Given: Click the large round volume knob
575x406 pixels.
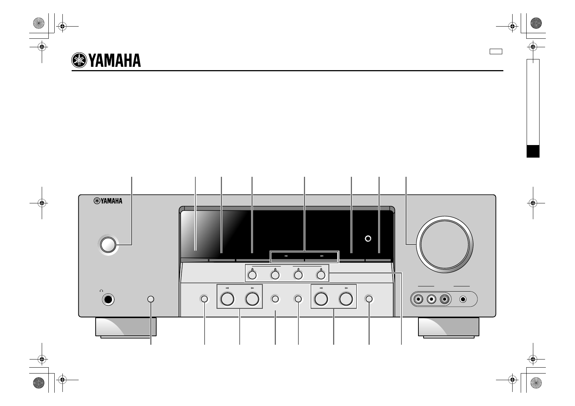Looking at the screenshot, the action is click(x=445, y=244).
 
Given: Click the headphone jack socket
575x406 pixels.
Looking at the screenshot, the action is click(x=108, y=299).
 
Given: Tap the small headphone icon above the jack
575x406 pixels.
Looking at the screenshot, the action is click(x=102, y=291).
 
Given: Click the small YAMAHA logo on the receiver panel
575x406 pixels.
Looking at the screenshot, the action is click(x=108, y=201).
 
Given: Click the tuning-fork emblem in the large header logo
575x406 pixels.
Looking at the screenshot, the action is click(x=79, y=60).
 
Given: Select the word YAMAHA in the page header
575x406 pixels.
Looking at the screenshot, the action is click(x=115, y=61).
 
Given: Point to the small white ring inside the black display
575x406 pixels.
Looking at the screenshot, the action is click(x=368, y=238).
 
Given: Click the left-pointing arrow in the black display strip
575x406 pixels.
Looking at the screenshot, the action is click(x=286, y=256).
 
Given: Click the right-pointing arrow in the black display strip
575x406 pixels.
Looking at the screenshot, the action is click(x=322, y=256).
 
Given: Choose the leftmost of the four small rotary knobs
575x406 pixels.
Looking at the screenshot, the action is click(x=252, y=275).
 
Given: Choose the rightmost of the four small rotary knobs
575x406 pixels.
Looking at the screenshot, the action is click(x=321, y=275).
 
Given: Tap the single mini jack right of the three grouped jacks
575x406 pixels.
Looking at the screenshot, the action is click(x=463, y=299).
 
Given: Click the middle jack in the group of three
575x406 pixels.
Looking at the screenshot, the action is click(x=431, y=299).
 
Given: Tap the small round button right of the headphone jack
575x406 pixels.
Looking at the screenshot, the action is click(x=151, y=299).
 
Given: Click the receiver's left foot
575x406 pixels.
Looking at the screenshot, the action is click(x=126, y=328).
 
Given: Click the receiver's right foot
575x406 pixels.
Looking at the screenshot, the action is click(x=448, y=328).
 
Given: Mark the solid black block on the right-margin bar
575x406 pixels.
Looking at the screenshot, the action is click(x=533, y=151).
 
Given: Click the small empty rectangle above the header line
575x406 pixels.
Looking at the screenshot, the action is click(x=496, y=52).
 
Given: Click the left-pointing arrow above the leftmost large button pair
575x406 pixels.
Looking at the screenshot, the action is click(x=227, y=288).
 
